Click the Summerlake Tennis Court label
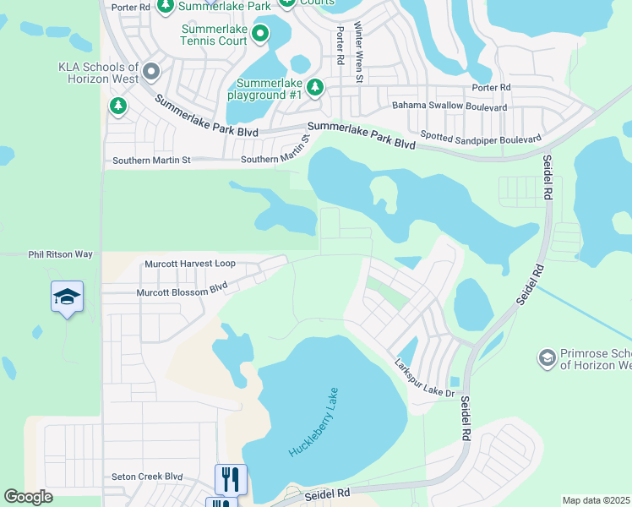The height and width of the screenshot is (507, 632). click(215, 34)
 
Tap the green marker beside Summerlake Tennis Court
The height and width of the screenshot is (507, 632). click(260, 34)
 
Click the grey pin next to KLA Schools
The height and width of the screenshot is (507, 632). click(152, 72)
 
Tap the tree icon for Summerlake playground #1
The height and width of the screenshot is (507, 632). click(315, 87)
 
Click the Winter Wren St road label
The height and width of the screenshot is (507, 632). click(358, 52)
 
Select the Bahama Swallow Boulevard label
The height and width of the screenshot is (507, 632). click(449, 107)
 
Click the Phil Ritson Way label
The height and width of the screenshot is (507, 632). click(60, 253)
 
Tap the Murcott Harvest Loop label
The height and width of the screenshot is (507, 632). click(190, 264)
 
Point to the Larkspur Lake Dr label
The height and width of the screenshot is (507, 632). click(425, 378)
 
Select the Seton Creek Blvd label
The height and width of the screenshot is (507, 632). click(148, 477)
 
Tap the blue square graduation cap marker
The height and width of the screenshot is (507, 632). click(68, 297)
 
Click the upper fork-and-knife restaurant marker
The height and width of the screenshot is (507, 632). click(231, 479)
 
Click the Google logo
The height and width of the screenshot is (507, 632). click(28, 497)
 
